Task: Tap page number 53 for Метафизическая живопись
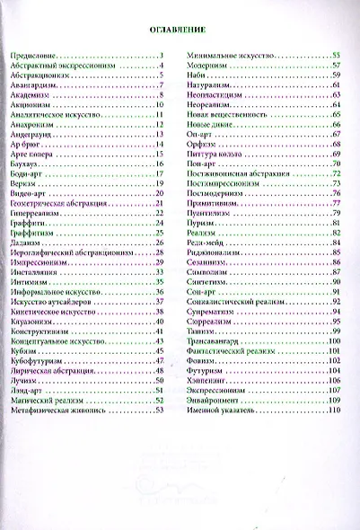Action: pyautogui.click(x=158, y=409)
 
